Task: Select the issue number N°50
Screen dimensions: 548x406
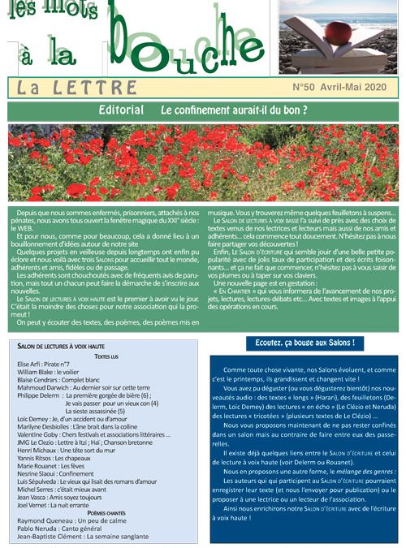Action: pos(304,85)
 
